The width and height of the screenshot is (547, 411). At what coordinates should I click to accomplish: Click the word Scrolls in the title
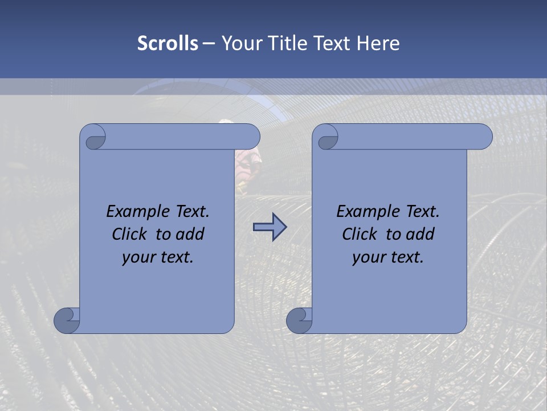coord(168,43)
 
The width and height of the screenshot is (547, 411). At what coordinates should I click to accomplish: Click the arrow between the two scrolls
coord(270,228)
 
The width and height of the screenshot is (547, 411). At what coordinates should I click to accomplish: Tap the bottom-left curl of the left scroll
coord(67,320)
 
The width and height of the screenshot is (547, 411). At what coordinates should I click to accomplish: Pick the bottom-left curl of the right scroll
coord(299,320)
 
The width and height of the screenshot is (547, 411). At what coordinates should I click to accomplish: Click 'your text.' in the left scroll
coord(158,257)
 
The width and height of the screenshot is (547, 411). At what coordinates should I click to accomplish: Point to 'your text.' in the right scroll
coord(388,257)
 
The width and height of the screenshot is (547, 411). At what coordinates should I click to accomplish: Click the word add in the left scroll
coord(189,234)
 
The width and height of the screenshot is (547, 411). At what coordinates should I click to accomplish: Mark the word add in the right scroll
coord(419,234)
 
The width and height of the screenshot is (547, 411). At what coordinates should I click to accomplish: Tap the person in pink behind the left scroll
coord(249,163)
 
